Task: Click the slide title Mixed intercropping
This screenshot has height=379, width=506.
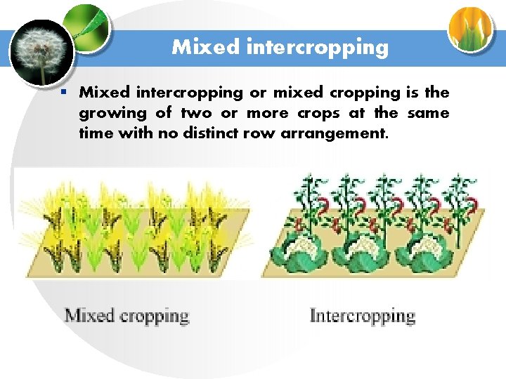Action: click(x=280, y=47)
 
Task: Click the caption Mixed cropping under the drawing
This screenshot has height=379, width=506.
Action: click(x=127, y=316)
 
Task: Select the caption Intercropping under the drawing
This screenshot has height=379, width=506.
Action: click(x=363, y=316)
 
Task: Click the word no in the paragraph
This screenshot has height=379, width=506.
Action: click(x=156, y=133)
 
